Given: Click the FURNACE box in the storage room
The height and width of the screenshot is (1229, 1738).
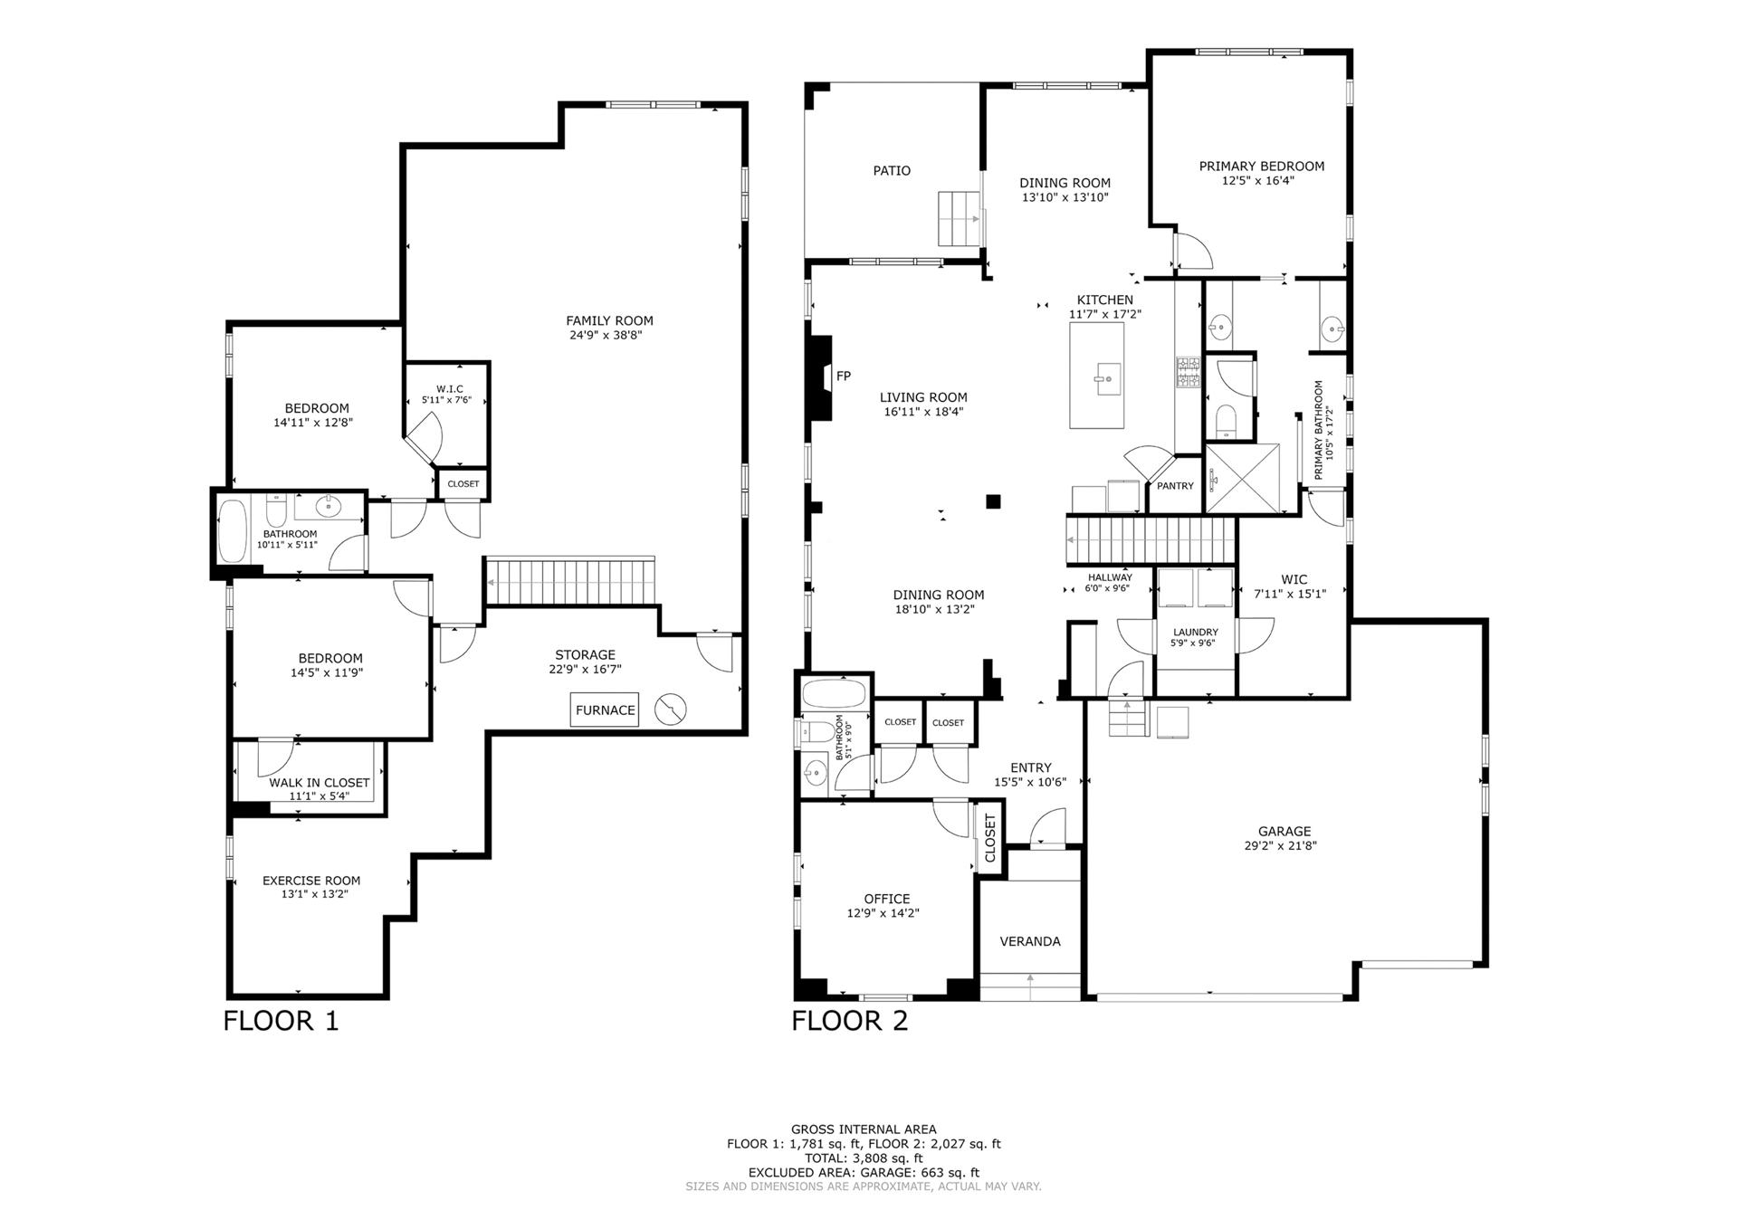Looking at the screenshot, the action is click(605, 710).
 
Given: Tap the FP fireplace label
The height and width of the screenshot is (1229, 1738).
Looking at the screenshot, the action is click(844, 376).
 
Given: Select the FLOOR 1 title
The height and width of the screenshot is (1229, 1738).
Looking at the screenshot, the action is click(281, 1021).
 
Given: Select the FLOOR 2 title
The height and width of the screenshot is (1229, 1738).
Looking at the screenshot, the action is click(849, 1021).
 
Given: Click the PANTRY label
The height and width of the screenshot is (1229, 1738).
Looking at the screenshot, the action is click(1175, 486).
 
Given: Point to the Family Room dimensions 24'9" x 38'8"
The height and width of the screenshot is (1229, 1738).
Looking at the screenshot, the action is click(609, 335).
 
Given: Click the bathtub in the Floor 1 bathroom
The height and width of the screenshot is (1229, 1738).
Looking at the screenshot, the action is click(233, 530).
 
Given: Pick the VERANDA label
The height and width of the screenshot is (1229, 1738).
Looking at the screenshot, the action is click(1030, 941).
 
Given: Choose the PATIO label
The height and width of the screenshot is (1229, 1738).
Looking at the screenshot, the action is click(892, 170).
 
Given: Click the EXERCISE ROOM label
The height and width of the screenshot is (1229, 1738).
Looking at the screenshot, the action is click(311, 881).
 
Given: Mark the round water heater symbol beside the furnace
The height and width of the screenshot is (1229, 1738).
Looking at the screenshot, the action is click(671, 709).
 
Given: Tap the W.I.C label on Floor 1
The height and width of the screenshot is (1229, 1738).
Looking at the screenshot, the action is click(448, 389).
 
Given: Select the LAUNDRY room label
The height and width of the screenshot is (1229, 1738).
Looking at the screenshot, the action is click(1196, 633).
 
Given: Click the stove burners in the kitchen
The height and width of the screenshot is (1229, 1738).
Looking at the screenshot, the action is click(1189, 372).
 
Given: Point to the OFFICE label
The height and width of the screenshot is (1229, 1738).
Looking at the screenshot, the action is click(886, 899).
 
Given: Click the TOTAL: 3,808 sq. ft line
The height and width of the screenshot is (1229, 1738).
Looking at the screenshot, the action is click(864, 1158).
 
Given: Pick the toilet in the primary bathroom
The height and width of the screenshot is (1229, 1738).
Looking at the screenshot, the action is click(1226, 420).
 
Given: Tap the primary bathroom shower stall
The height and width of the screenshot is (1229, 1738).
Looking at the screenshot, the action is click(1242, 479).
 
